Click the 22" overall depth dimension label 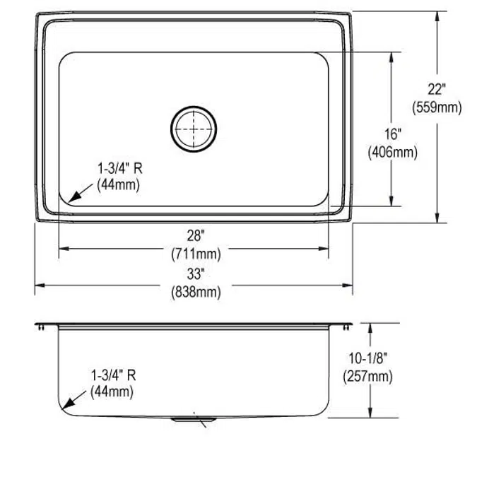pyautogui.click(x=437, y=90)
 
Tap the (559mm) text pyautogui.click(x=437, y=107)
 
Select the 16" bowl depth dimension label pyautogui.click(x=393, y=134)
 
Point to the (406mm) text pyautogui.click(x=393, y=152)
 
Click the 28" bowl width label pyautogui.click(x=196, y=235)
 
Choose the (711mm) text pyautogui.click(x=196, y=254)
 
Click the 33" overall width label pyautogui.click(x=196, y=273)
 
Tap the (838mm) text pyautogui.click(x=196, y=292)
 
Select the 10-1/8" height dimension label pyautogui.click(x=367, y=358)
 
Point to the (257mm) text pyautogui.click(x=367, y=377)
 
